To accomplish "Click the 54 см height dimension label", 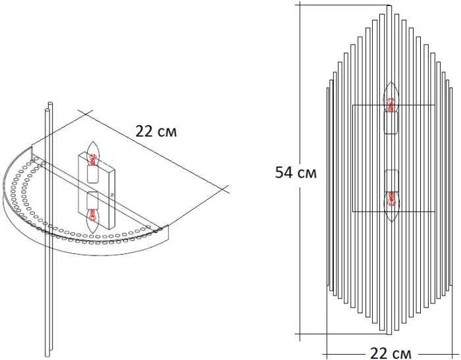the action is point(296,173).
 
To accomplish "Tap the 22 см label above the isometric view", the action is point(156,132).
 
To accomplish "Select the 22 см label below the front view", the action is point(391,353).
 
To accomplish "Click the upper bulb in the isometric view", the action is point(94,153).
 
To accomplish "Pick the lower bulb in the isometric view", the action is point(94,220).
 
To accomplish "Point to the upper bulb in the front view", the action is point(391,97).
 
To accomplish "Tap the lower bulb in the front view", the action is point(391,207).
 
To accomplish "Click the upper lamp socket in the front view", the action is point(391,123).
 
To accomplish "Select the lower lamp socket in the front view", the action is point(391,181).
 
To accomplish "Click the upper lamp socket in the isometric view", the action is point(93,174).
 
